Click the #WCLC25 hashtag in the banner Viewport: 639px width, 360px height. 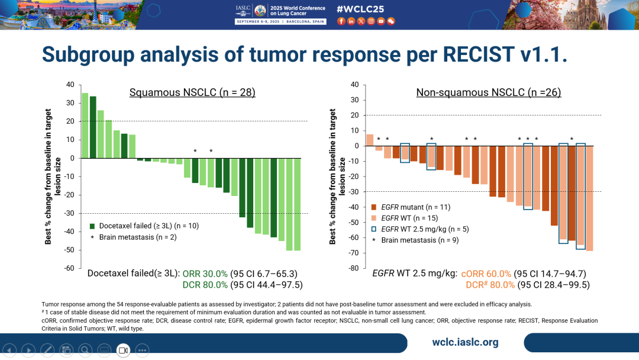(365, 9)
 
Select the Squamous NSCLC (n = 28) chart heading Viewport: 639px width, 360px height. (192, 92)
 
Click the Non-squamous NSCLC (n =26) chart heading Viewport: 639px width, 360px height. (488, 92)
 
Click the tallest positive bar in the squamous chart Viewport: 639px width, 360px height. (85, 126)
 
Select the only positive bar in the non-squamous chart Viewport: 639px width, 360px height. (370, 140)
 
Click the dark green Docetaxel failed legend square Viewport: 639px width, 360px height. (92, 226)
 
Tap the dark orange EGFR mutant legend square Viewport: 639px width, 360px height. (374, 207)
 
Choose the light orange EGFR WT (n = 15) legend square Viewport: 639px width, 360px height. (374, 218)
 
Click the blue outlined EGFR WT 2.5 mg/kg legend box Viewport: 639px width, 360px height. (374, 229)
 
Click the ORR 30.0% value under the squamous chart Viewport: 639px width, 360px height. (205, 274)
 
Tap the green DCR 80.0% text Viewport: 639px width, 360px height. (205, 285)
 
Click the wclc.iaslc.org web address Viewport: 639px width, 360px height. (465, 342)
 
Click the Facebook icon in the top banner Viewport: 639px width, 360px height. (341, 21)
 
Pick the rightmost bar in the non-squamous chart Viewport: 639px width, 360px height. (589, 198)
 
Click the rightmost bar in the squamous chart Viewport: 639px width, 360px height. (298, 204)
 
